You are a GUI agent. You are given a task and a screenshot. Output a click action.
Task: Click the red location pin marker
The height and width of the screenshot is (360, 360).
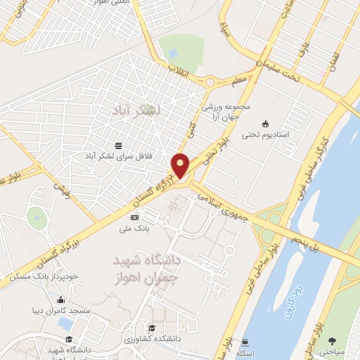click(x=180, y=165)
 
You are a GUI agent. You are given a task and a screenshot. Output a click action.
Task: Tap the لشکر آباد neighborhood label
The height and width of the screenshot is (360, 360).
click(x=136, y=111)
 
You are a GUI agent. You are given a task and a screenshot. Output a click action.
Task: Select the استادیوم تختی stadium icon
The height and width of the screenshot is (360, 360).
click(x=264, y=123)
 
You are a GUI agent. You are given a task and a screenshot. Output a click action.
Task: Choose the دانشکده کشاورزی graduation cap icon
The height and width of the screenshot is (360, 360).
click(x=151, y=328)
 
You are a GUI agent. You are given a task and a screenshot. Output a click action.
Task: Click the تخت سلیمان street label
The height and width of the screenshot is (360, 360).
click(x=277, y=71)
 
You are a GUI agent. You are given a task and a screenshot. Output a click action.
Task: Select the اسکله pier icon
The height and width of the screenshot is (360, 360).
click(x=244, y=342)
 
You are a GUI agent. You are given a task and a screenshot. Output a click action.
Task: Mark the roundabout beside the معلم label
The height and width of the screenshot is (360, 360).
click(x=210, y=83)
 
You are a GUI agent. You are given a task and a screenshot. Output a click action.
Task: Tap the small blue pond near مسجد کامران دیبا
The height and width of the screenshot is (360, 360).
click(x=65, y=323)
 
